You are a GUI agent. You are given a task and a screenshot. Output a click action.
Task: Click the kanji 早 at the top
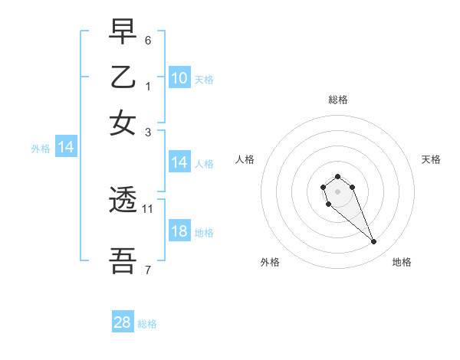123,32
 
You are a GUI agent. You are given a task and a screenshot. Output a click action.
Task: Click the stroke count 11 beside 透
148,208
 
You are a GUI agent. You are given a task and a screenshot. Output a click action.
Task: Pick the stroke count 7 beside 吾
148,270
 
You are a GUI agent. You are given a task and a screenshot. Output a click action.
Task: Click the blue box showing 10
179,77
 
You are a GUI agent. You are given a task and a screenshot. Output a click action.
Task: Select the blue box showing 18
179,231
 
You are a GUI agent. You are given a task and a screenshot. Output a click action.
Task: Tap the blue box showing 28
123,322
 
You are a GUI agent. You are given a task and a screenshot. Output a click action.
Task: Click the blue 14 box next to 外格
65,148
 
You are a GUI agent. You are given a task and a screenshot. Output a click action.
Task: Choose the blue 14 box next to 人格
179,162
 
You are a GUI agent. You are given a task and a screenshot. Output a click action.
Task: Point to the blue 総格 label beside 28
147,324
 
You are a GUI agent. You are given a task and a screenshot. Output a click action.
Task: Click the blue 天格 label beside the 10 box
204,79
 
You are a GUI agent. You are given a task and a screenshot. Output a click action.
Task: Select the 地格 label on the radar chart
402,262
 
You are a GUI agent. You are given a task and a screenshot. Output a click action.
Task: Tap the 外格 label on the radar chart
270,262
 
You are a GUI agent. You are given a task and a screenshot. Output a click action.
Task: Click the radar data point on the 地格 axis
374,242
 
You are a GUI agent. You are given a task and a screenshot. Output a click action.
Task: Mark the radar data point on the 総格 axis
337,177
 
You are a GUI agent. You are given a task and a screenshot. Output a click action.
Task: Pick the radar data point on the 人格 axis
324,186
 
